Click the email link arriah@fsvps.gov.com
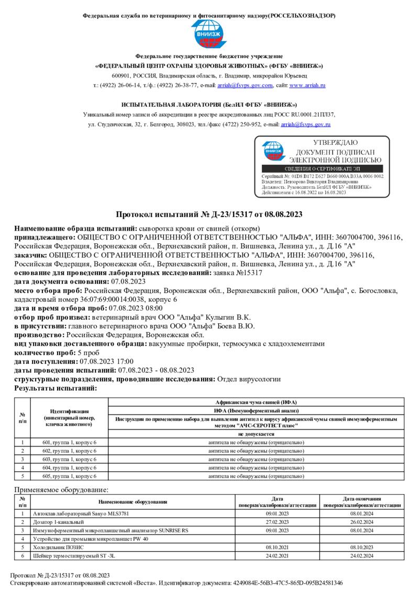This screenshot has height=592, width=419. point(251,85)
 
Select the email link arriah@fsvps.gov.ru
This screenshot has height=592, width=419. point(305,124)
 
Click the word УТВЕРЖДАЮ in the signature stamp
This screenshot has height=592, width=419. point(335,143)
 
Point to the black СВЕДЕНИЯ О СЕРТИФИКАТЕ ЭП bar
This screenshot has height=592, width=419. point(322,169)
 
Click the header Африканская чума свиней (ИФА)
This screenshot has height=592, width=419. point(256,402)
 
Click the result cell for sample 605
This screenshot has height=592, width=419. point(256,476)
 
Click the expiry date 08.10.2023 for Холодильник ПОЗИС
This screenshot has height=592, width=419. point(361,547)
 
